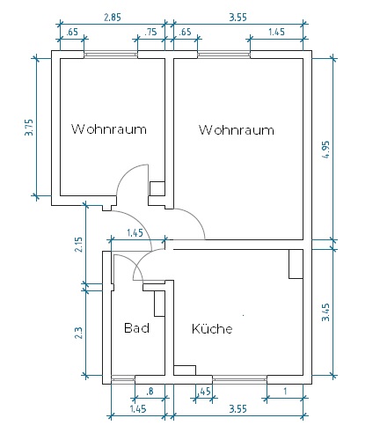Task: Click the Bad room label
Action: (136, 327)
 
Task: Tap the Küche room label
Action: (212, 328)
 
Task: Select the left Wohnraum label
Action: (109, 129)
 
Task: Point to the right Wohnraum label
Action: (237, 130)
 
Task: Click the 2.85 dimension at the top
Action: (113, 18)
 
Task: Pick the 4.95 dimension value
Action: (325, 150)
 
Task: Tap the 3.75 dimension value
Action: (29, 128)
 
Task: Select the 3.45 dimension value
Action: (325, 312)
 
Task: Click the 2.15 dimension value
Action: (79, 245)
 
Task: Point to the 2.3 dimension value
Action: (79, 333)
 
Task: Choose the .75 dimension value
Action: (150, 32)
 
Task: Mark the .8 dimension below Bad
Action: (150, 392)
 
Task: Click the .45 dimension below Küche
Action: (204, 392)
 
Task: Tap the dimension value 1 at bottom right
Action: (285, 392)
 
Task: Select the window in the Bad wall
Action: (123, 379)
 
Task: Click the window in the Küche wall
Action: (240, 379)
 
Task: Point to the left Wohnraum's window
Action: (111, 55)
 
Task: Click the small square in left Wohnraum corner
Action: (157, 188)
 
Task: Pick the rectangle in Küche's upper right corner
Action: (296, 264)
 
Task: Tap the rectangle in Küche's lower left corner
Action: (185, 370)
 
